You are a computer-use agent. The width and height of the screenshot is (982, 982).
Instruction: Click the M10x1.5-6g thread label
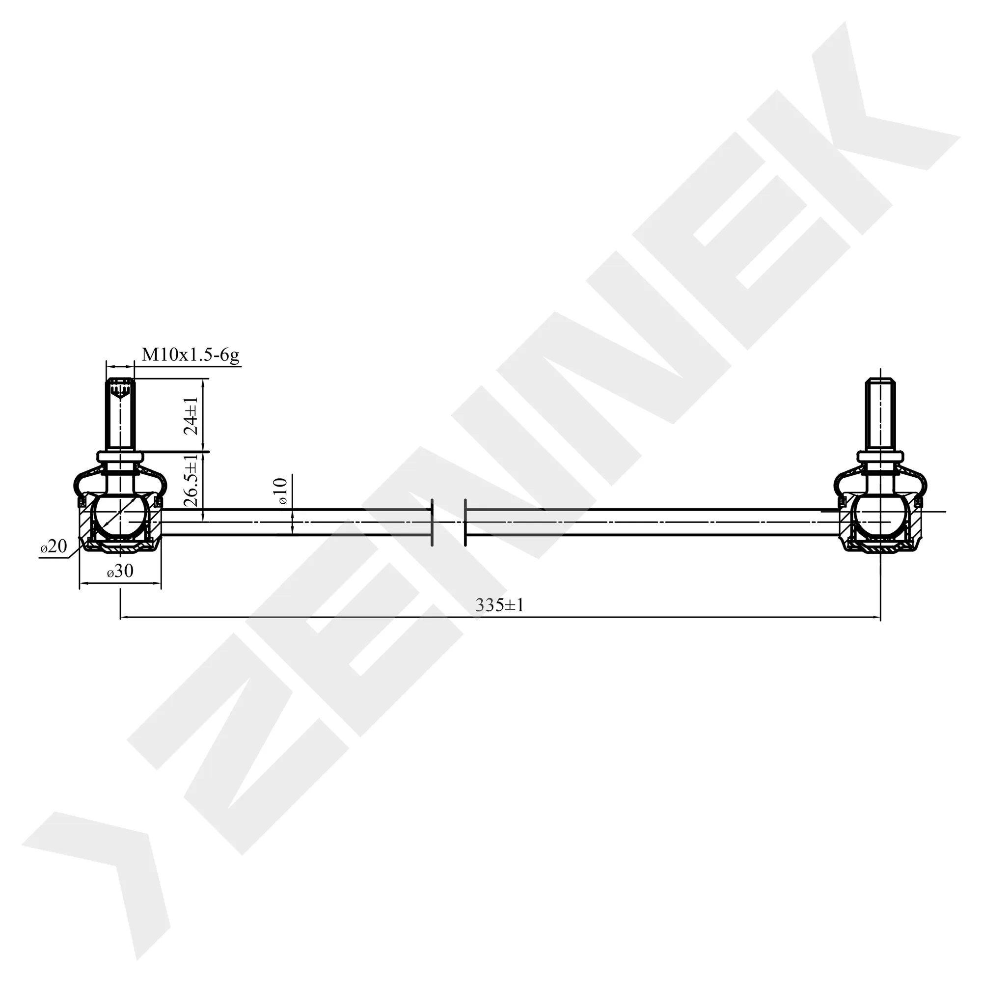click(x=190, y=355)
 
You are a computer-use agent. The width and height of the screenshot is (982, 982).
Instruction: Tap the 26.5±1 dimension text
click(x=191, y=480)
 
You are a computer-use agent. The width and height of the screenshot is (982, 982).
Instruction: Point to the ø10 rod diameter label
click(x=283, y=491)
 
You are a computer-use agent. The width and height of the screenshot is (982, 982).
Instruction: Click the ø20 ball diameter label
click(x=54, y=546)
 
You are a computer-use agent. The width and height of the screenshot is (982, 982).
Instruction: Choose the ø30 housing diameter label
click(x=120, y=571)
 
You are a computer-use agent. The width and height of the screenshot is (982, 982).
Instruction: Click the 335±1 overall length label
click(x=499, y=605)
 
